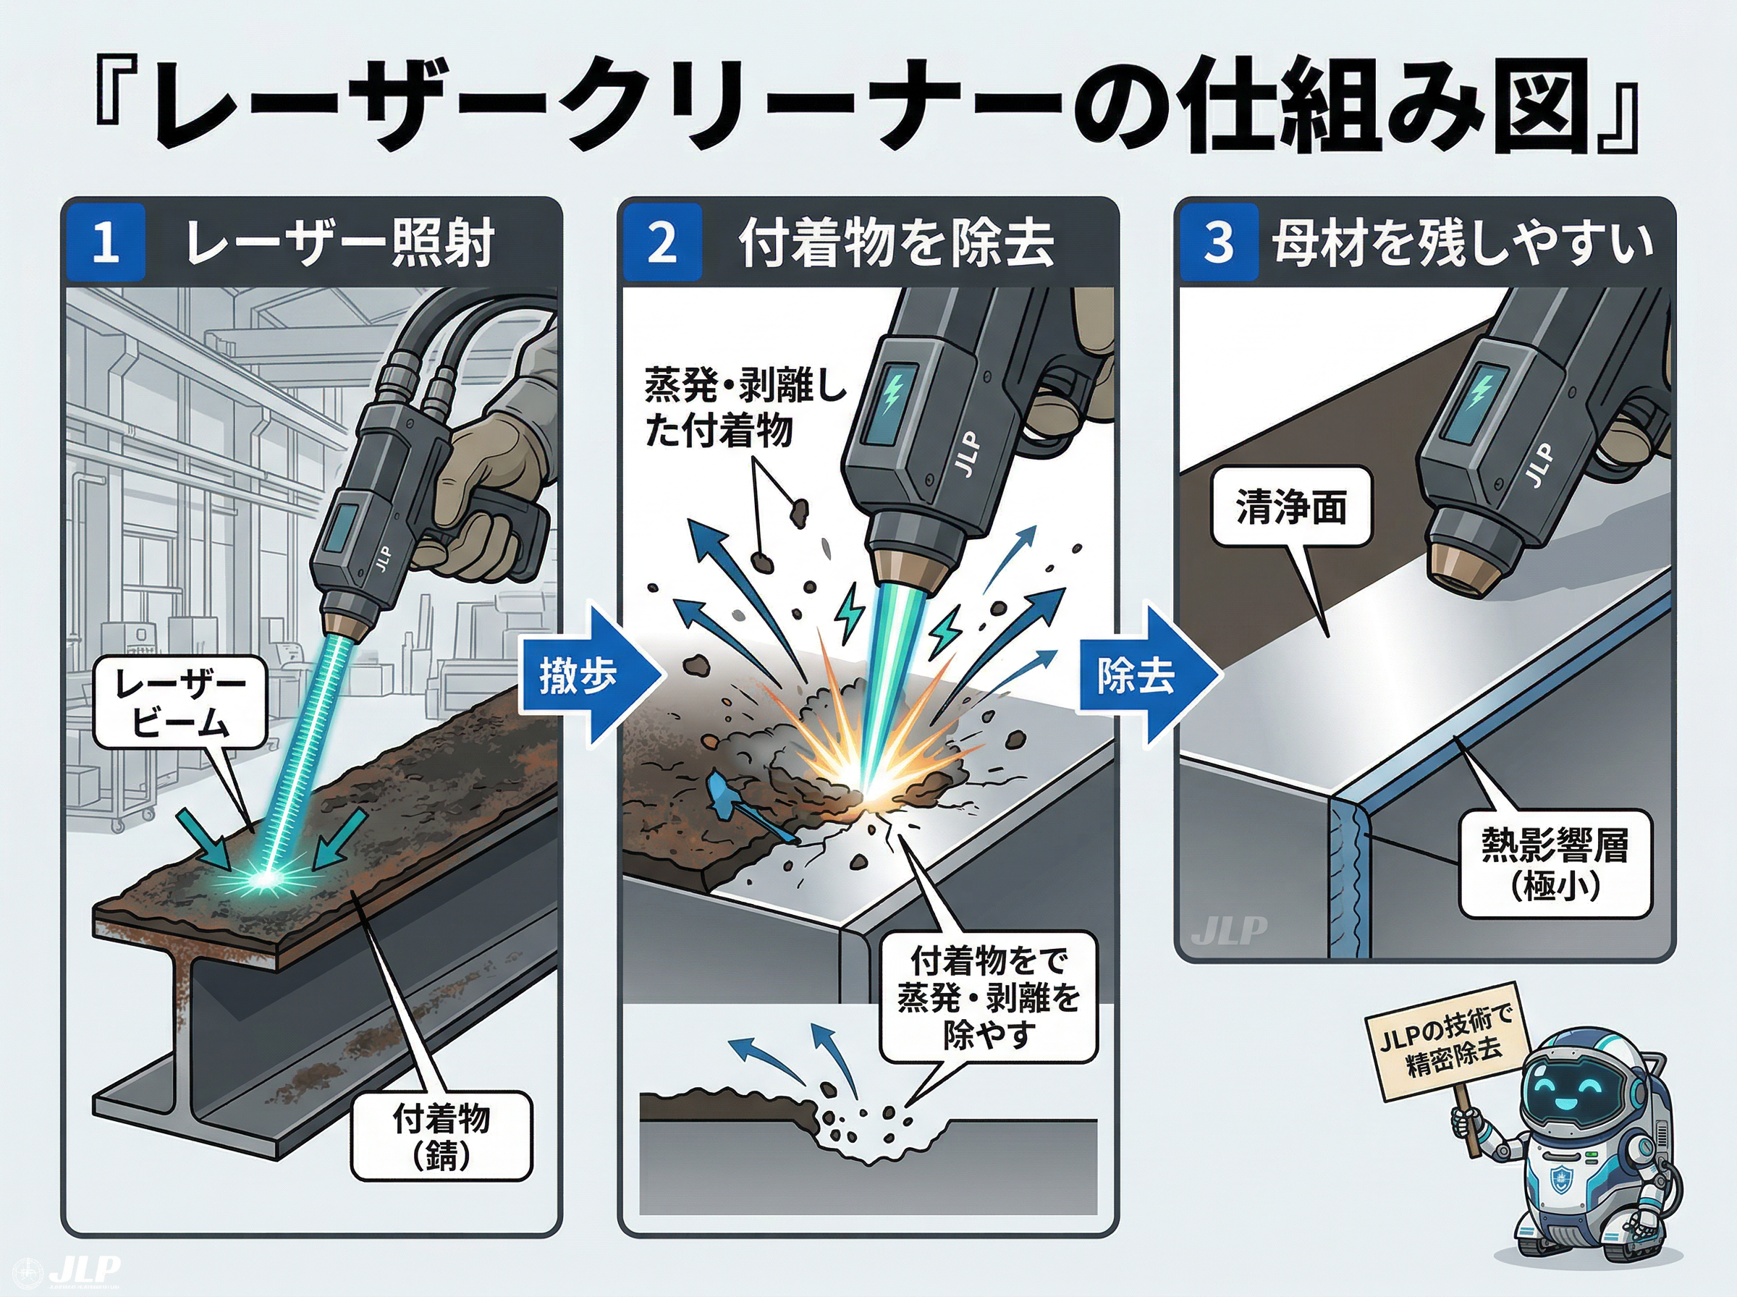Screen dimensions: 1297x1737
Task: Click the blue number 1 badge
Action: tap(104, 242)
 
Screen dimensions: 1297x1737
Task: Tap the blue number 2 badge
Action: tap(662, 242)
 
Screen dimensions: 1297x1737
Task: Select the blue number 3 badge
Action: tap(1219, 242)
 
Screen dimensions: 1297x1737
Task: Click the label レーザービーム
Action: tap(180, 701)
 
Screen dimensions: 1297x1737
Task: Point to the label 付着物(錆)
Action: tap(441, 1136)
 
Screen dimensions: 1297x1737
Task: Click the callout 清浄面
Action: tap(1291, 507)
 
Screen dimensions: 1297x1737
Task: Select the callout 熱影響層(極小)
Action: tap(1555, 863)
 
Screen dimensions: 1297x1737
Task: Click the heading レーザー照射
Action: tap(339, 242)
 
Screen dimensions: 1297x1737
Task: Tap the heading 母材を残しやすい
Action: tap(1461, 242)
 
